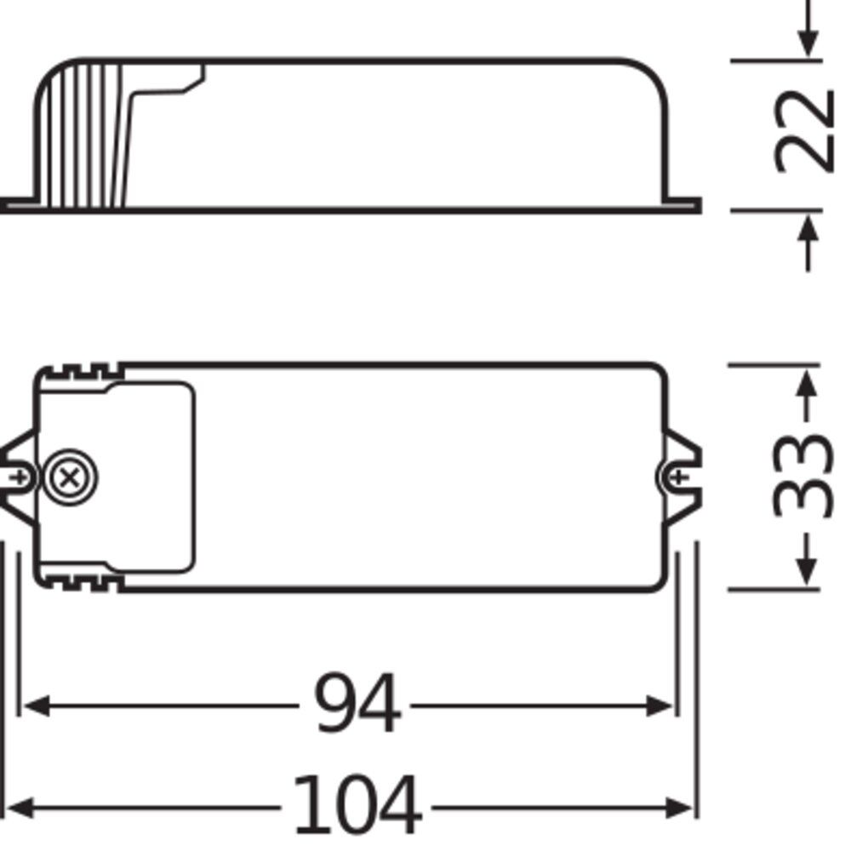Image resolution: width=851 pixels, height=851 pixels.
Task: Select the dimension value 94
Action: [357, 705]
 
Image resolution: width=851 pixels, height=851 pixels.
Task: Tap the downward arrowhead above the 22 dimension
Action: [808, 43]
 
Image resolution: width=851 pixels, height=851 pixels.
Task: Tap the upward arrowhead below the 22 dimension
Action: [808, 227]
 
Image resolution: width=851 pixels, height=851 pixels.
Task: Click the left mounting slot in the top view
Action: [19, 477]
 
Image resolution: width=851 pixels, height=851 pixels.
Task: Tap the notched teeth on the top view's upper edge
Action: [81, 371]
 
